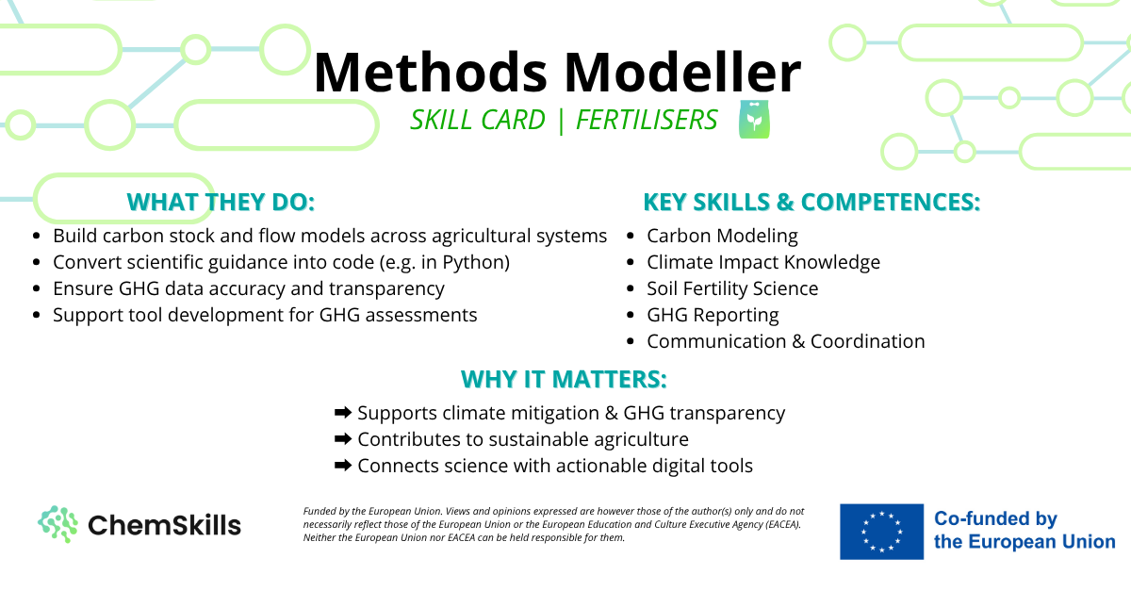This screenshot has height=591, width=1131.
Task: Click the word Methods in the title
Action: coord(431,73)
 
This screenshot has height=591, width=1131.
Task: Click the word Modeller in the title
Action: coord(682,73)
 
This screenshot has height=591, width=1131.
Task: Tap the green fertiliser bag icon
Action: coord(754,119)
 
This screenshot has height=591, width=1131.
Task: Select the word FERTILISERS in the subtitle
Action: coord(647,120)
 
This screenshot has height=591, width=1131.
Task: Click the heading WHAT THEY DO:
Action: coord(221,202)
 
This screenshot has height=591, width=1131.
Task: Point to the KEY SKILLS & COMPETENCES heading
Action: coord(811,202)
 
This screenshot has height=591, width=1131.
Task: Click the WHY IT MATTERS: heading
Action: coord(564,379)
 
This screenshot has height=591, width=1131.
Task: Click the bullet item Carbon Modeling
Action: coord(722,237)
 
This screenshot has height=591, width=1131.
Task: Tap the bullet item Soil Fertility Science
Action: coord(732,289)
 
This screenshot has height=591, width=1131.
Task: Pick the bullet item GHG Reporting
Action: coord(713,315)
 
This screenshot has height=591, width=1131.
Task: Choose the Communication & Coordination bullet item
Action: coord(786,341)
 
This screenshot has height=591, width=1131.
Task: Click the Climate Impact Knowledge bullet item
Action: coord(763,263)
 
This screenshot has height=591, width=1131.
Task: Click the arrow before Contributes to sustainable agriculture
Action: coord(343,439)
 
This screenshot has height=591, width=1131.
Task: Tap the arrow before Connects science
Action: coord(343,466)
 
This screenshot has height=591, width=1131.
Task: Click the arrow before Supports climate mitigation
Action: coord(343,413)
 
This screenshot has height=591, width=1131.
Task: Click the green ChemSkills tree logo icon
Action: coord(57,524)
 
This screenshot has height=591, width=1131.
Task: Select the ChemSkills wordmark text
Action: coord(164,525)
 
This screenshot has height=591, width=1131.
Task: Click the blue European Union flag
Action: coord(881,532)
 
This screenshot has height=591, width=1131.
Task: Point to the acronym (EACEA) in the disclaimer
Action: coord(782,524)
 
